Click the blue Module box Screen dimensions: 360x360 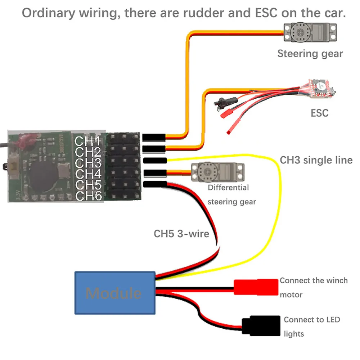(x=114, y=293)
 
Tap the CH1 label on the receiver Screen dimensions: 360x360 (x=87, y=141)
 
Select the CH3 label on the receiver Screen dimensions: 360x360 (x=87, y=163)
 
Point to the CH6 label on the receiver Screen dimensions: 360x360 (x=87, y=196)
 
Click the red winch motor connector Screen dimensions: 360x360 (x=256, y=288)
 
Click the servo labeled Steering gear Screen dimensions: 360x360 (x=310, y=32)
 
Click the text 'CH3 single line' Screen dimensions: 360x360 (x=316, y=160)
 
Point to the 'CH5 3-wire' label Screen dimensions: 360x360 (x=181, y=234)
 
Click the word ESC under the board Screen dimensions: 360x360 (x=320, y=113)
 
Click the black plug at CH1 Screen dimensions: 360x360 (x=154, y=138)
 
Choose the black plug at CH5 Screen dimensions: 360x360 (x=154, y=185)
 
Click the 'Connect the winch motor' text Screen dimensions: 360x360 (x=313, y=287)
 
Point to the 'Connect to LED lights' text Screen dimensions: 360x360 (x=311, y=327)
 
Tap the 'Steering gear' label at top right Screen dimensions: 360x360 (x=310, y=54)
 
